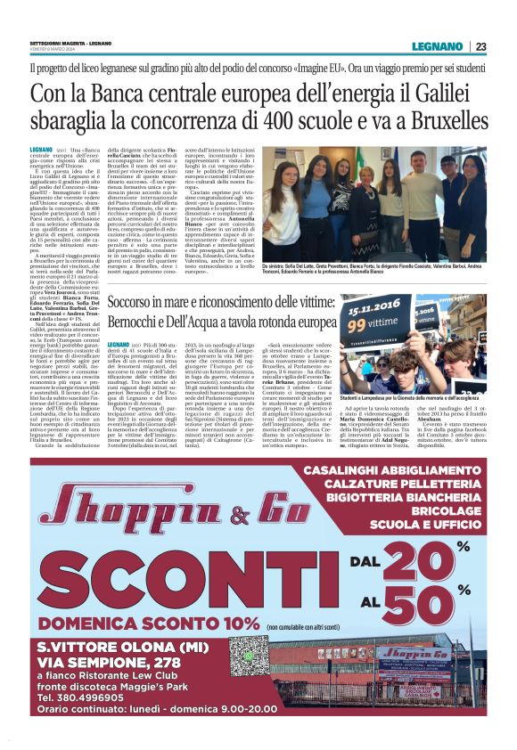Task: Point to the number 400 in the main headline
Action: [303, 121]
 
